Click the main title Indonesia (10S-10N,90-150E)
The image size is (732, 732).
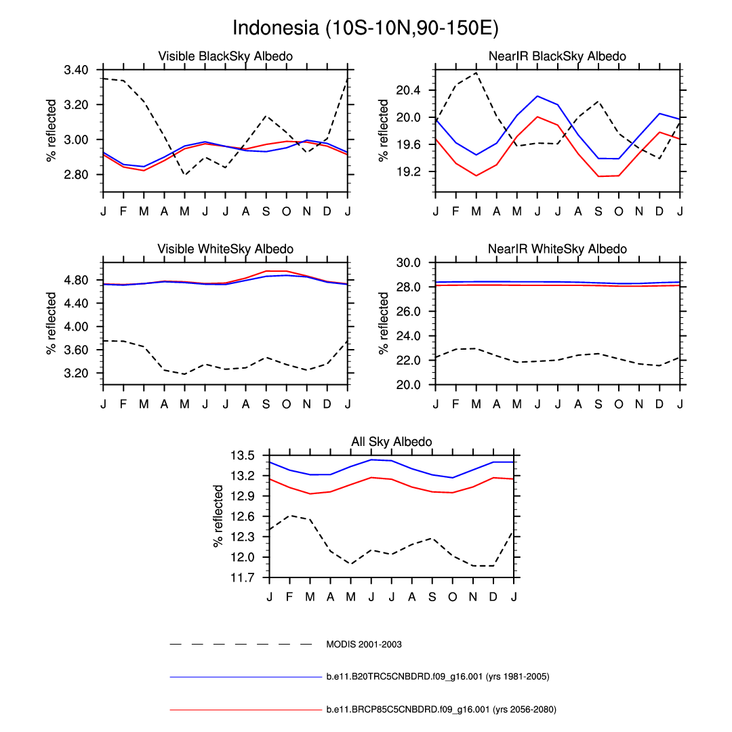pos(366,28)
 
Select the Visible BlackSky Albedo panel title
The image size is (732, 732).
pos(225,56)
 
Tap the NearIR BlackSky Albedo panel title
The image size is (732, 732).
pos(557,56)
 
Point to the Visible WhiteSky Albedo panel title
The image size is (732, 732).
pos(225,249)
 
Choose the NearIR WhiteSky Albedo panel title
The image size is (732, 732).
pos(557,249)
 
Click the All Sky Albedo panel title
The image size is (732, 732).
pos(391,442)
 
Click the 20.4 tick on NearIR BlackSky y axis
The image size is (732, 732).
pos(411,90)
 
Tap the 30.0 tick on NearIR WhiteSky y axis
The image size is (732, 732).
pos(411,262)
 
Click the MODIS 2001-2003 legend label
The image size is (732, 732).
pos(364,645)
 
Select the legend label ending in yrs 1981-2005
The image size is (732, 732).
pos(437,676)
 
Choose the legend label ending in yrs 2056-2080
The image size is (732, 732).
pos(441,710)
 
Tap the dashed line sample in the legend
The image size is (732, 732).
pos(241,644)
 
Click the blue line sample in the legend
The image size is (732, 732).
pos(241,676)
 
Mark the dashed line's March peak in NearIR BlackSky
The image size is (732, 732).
pos(476,73)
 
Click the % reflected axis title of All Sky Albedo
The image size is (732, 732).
pos(219,516)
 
